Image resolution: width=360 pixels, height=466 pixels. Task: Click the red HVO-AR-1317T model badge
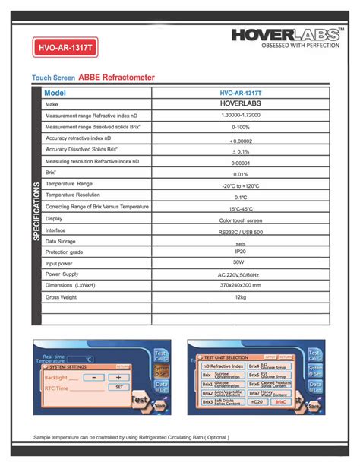click(x=67, y=48)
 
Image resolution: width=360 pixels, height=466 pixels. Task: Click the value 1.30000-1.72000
click(x=240, y=116)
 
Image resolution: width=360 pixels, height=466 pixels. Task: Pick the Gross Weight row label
click(x=62, y=297)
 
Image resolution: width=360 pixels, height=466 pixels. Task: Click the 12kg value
click(x=240, y=297)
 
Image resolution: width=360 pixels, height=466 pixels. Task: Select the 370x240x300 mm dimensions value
click(x=240, y=285)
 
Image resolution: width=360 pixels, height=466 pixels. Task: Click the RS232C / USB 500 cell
click(x=240, y=230)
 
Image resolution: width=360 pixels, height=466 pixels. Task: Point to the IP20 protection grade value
click(x=240, y=251)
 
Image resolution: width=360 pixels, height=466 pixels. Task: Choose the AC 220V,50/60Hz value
click(x=240, y=274)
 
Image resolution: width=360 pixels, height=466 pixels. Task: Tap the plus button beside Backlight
click(x=118, y=377)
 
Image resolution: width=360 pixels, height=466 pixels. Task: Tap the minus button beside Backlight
click(x=94, y=377)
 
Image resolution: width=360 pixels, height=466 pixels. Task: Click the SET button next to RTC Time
click(x=118, y=388)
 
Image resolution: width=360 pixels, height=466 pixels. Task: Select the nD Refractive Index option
click(x=223, y=366)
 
